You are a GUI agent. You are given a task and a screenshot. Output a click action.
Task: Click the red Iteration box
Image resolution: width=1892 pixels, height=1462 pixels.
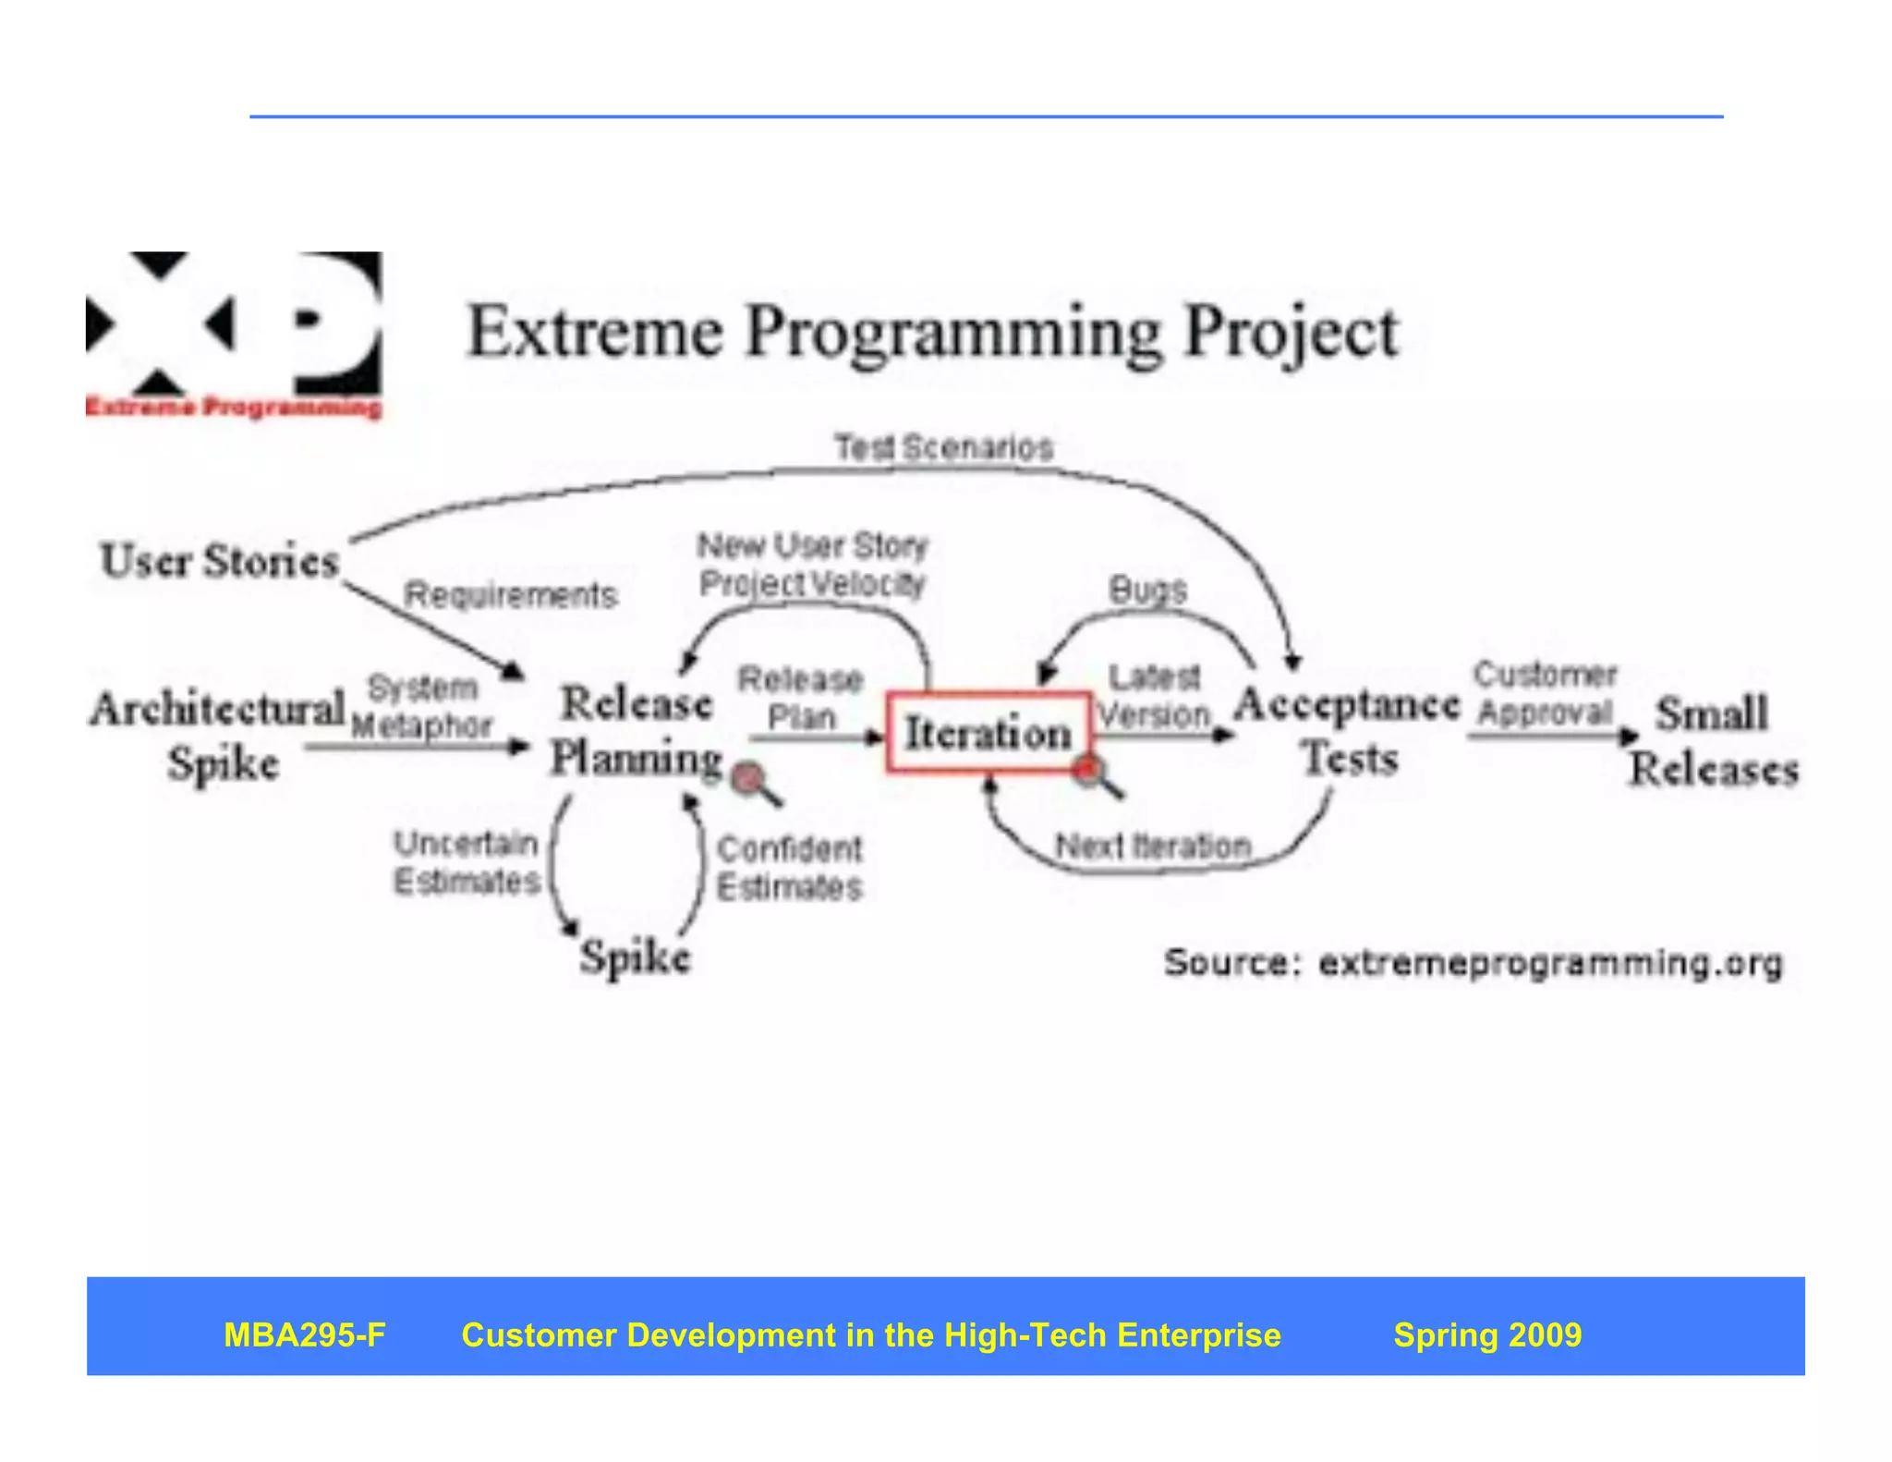(x=988, y=732)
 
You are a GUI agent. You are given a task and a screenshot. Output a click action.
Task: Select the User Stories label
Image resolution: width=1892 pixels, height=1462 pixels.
(x=220, y=560)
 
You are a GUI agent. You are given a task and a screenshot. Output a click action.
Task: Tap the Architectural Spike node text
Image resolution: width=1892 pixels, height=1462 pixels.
(x=219, y=736)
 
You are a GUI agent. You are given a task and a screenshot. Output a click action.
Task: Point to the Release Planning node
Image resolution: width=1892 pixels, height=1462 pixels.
(x=637, y=730)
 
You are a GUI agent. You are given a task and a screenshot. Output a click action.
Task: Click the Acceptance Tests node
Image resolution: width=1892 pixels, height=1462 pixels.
(x=1348, y=730)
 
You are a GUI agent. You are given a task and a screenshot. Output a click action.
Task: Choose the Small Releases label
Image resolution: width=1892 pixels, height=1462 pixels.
(x=1713, y=740)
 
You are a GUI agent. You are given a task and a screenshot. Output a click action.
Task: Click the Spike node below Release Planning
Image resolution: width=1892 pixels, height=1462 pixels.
(x=635, y=956)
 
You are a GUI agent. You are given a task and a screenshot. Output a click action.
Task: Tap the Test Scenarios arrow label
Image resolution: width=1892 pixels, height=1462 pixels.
(x=943, y=447)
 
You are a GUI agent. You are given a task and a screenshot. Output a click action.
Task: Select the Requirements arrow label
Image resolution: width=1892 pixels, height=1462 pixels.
(x=510, y=595)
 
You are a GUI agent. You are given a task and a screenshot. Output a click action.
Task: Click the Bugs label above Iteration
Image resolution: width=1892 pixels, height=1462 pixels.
(x=1147, y=590)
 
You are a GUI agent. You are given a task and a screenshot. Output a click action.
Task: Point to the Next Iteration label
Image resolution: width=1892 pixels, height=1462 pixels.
(x=1153, y=846)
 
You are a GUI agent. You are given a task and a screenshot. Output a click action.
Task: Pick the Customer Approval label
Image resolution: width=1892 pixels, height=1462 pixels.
(x=1544, y=693)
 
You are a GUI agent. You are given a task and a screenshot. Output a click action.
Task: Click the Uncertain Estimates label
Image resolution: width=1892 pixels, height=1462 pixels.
(x=467, y=861)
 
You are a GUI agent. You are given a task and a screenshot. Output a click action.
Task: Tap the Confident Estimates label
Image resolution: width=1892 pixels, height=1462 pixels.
(x=789, y=868)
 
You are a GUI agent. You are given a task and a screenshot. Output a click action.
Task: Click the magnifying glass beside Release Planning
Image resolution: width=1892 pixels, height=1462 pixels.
(x=754, y=783)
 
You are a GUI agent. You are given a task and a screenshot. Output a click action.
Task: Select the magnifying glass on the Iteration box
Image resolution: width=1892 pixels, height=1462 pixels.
(x=1096, y=774)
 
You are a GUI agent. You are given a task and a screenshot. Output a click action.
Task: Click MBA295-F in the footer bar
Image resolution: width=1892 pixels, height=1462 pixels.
(x=304, y=1334)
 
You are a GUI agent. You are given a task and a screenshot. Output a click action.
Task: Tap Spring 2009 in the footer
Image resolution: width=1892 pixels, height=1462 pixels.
(x=1486, y=1334)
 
